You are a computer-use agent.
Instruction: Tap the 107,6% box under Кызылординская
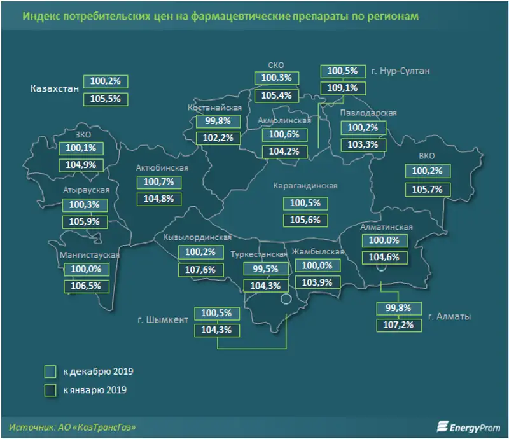201,269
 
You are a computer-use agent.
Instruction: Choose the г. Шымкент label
164,320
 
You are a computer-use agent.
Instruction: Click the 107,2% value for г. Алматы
394,325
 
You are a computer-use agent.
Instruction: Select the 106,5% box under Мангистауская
85,286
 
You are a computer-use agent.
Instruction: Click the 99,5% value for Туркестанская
266,269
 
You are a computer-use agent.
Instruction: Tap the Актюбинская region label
162,167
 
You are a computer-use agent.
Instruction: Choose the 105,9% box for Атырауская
85,222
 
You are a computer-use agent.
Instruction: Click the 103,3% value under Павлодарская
363,144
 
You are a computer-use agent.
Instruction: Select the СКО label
275,64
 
